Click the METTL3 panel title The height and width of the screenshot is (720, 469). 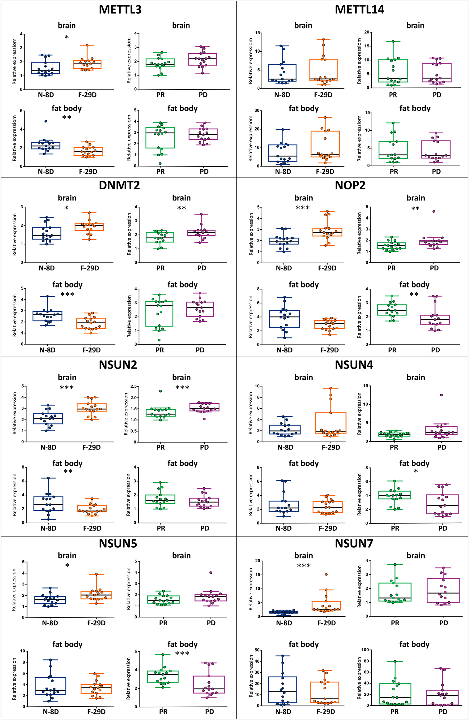pyautogui.click(x=120, y=10)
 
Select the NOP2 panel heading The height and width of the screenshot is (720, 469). pyautogui.click(x=350, y=185)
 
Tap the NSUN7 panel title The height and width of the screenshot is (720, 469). pyautogui.click(x=354, y=544)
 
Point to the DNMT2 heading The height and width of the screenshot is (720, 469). pyautogui.click(x=119, y=185)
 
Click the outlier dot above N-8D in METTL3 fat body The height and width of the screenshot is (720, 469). pyautogui.click(x=46, y=121)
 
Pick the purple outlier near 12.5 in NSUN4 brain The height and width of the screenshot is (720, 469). pyautogui.click(x=441, y=395)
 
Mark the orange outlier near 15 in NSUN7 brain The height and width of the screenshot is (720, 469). pyautogui.click(x=326, y=575)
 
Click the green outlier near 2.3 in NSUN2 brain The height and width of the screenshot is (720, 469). pyautogui.click(x=160, y=391)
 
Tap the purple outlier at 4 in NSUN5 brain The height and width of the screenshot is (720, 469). pyautogui.click(x=211, y=573)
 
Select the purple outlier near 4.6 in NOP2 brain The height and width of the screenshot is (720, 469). pyautogui.click(x=434, y=212)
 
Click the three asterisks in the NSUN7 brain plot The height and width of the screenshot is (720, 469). pyautogui.click(x=304, y=566)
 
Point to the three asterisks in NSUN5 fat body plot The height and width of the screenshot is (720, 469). pyautogui.click(x=182, y=654)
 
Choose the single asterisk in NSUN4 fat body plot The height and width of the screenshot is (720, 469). pyautogui.click(x=416, y=471)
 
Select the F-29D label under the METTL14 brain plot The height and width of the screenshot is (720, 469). pyautogui.click(x=323, y=95)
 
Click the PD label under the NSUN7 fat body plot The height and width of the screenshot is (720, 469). pyautogui.click(x=443, y=712)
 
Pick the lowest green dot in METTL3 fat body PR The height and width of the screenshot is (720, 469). pyautogui.click(x=160, y=163)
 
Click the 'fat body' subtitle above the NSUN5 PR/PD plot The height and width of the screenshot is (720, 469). pyautogui.click(x=182, y=645)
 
